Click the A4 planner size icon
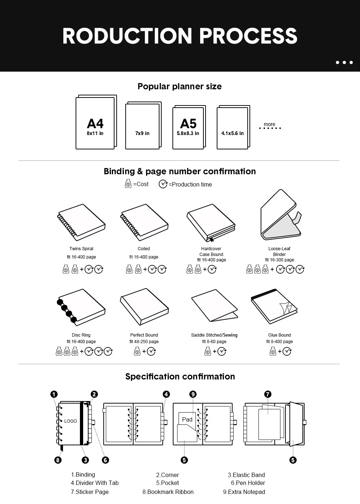(x=96, y=122)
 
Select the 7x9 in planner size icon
(x=143, y=126)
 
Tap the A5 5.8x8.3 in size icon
(x=189, y=127)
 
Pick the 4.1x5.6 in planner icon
(x=233, y=127)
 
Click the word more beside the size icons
(x=269, y=124)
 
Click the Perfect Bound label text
(x=144, y=335)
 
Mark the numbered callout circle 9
(x=193, y=394)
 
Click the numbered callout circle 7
(x=267, y=394)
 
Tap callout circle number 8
(x=58, y=460)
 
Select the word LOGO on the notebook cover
(x=71, y=421)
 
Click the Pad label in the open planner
(x=187, y=419)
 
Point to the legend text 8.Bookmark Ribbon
(x=168, y=492)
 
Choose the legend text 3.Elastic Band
(x=246, y=475)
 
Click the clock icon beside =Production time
(x=163, y=184)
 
